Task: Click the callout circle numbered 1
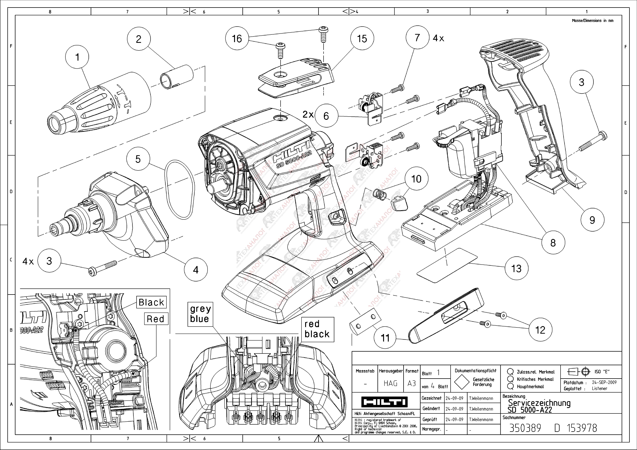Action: coord(77,57)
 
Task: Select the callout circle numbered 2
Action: coord(138,39)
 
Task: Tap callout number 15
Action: coord(362,39)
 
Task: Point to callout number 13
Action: coord(516,268)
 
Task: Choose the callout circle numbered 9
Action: coord(592,220)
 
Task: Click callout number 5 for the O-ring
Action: coord(138,159)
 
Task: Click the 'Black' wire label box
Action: coord(151,302)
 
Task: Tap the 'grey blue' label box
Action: coord(200,314)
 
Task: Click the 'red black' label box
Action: coord(317,329)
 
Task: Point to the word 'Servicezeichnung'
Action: coord(539,403)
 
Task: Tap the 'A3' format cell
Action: coord(412,383)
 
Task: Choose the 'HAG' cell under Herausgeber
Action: coord(390,383)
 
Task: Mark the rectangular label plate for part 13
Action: coord(447,265)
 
